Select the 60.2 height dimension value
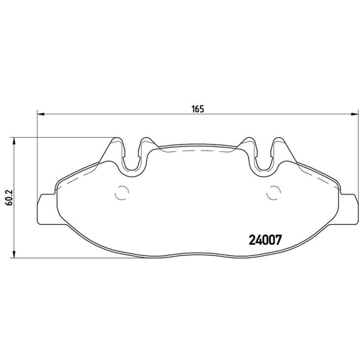(8, 197)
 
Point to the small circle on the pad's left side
(123, 192)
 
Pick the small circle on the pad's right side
(274, 192)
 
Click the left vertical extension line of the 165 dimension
(36, 155)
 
